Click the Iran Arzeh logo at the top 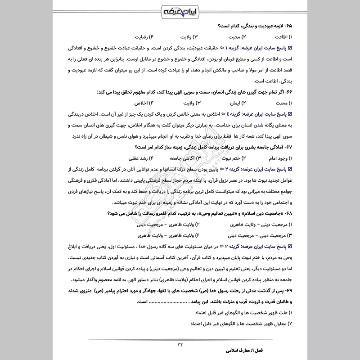(x=180, y=10)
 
